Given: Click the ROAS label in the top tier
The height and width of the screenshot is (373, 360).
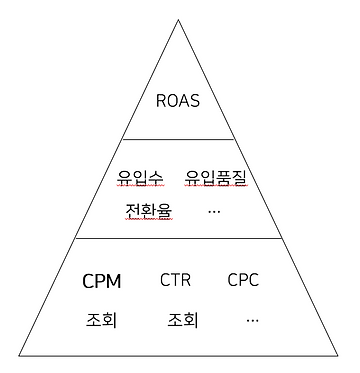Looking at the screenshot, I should (180, 100).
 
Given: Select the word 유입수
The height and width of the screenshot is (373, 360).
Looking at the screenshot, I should (139, 179).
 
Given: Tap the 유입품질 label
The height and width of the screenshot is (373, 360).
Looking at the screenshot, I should (216, 179).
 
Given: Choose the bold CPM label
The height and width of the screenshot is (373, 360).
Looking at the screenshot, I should (102, 281).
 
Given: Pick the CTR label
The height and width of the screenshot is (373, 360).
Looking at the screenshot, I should (176, 281).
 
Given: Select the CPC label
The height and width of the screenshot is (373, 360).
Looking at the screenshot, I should (243, 281).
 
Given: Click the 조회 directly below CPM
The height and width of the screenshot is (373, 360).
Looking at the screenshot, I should (102, 321).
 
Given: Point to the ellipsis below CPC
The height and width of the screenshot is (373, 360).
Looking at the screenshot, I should (251, 321).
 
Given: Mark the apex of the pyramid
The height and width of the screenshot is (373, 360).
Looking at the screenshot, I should (180, 17).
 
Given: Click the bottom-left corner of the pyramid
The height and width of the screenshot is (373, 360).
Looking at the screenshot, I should (19, 354).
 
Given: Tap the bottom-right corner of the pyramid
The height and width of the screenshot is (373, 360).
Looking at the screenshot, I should (342, 354).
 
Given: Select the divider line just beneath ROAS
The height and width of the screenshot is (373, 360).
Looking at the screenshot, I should (180, 139).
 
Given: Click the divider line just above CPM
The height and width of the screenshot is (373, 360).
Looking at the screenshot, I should (180, 239).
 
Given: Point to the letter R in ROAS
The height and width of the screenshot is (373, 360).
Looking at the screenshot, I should (162, 100).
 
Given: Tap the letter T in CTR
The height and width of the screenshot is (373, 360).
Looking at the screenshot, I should (176, 281).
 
